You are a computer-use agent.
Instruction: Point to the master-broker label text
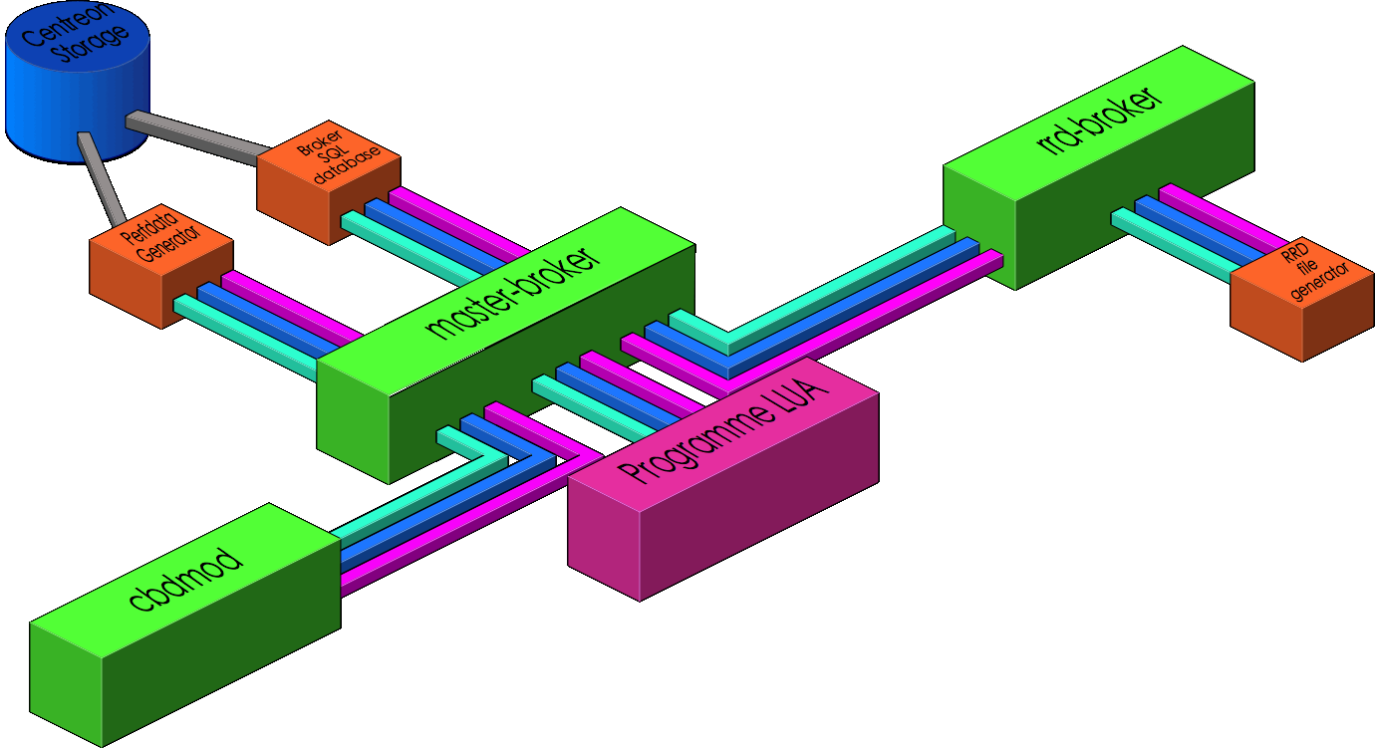(x=513, y=294)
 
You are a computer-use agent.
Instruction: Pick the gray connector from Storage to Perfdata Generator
(x=100, y=179)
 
